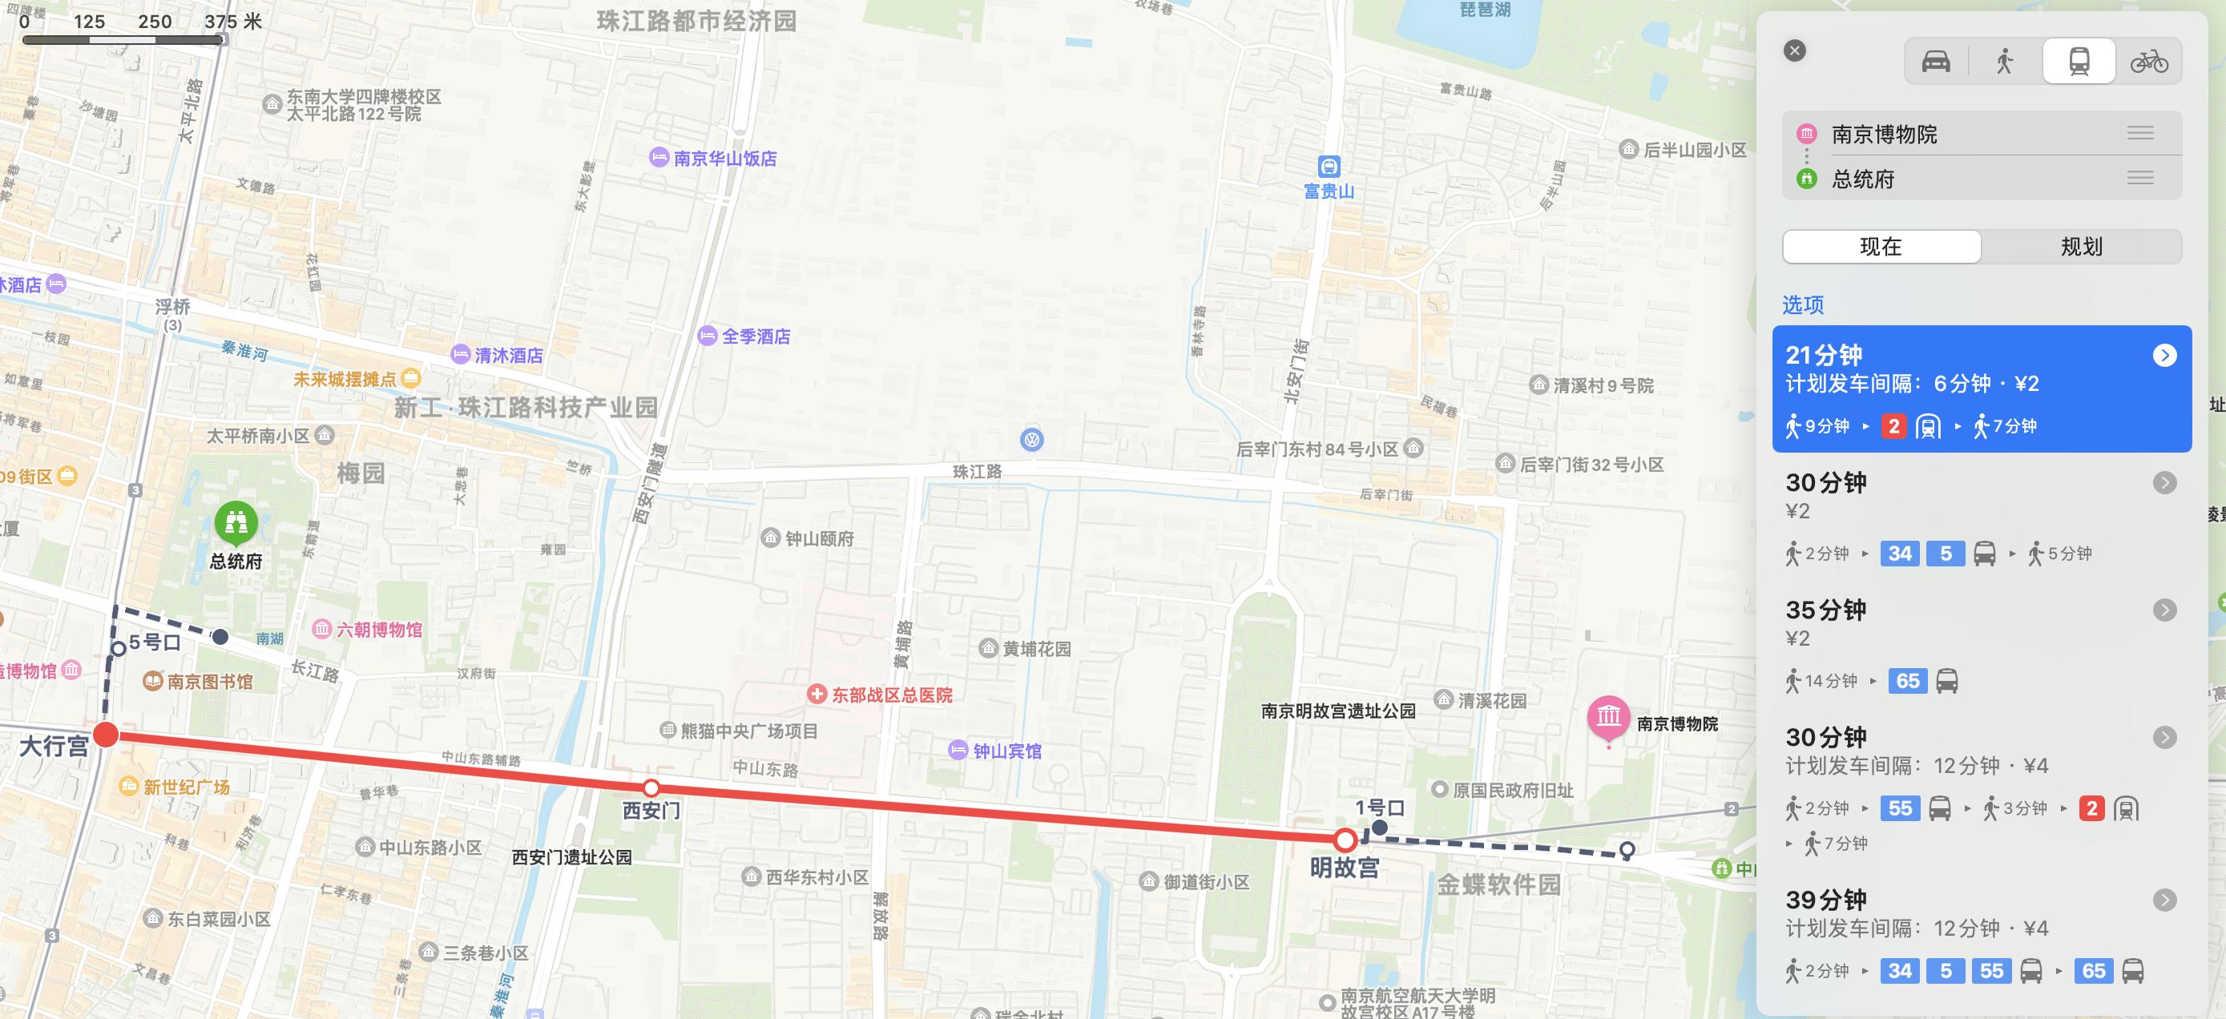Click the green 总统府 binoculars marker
pos(236,522)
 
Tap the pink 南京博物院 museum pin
pos(1608,718)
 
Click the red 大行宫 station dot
pos(106,735)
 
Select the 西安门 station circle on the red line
pos(651,787)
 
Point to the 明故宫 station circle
pos(1345,840)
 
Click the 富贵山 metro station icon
pos(1329,166)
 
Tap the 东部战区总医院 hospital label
pos(890,695)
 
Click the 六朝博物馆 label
pos(378,630)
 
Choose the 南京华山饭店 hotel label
pos(724,158)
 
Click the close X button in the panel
pos(1795,51)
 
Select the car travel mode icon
pos(1936,62)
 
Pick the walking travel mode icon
pos(2005,62)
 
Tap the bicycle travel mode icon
pos(2148,62)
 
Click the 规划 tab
pos(2081,247)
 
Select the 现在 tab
pos(1881,247)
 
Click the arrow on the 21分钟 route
pos(2163,356)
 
